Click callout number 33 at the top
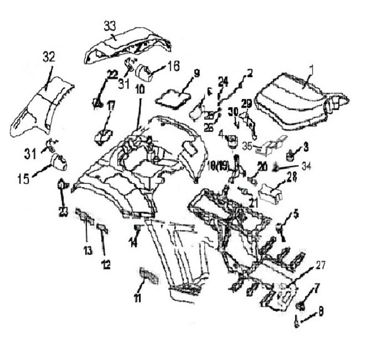click(110, 26)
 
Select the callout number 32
click(49, 56)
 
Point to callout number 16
click(174, 66)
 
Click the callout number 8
click(321, 312)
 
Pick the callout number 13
click(88, 251)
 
